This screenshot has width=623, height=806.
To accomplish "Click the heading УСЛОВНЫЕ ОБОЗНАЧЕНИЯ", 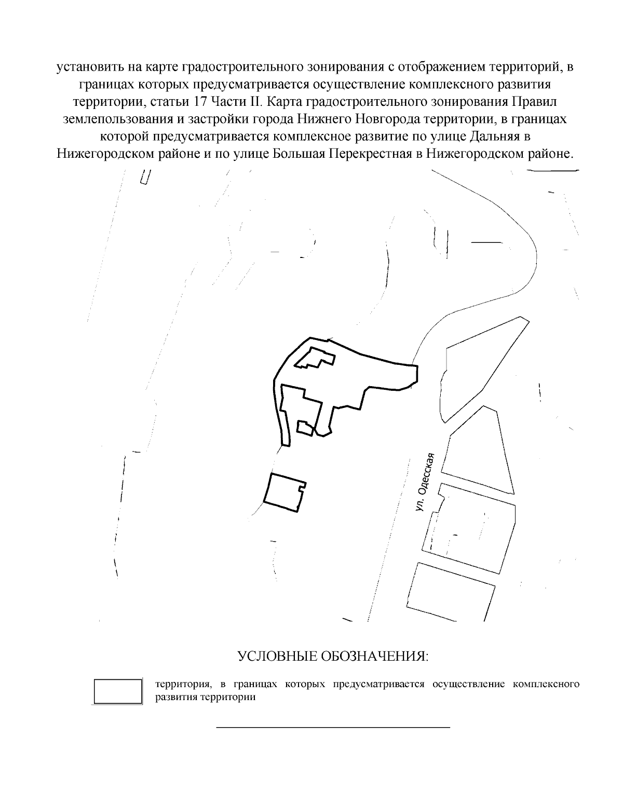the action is coord(333,656).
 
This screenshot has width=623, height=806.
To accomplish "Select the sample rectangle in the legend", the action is coord(118,691).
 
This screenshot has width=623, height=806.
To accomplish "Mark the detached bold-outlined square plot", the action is coord(283,492).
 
